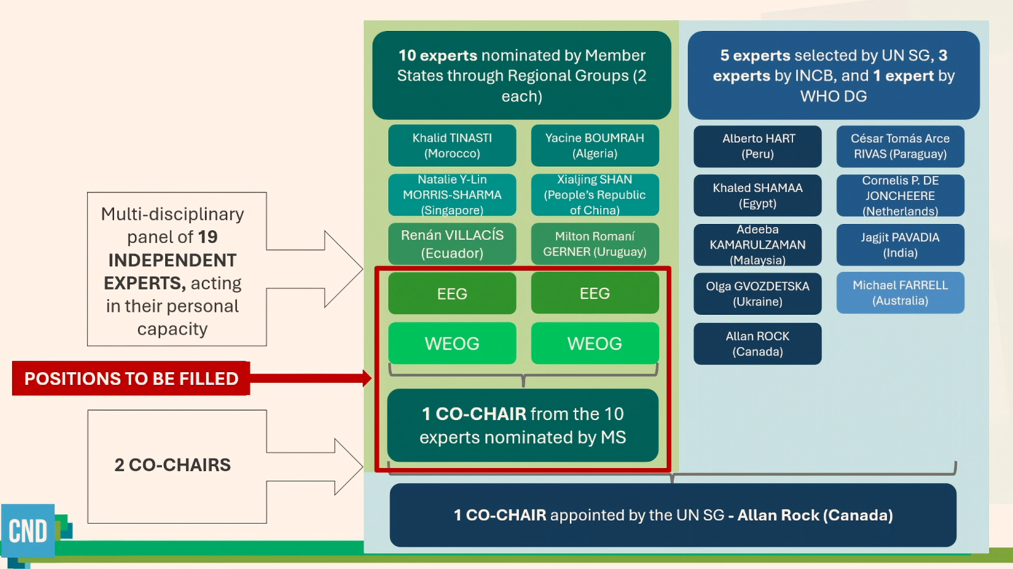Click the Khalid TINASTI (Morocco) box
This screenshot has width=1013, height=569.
pos(452,146)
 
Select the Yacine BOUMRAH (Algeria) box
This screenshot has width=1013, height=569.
pos(594,146)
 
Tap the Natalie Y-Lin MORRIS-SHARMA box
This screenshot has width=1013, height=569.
pos(452,195)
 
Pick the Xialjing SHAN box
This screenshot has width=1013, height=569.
pos(594,195)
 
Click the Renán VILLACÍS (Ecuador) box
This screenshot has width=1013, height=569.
pos(452,244)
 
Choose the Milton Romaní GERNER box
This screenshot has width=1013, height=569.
pos(594,244)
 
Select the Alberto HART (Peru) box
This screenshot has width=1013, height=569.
pos(758,146)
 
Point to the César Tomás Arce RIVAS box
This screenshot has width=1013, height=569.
pos(900,146)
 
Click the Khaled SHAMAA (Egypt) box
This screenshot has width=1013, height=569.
pos(758,196)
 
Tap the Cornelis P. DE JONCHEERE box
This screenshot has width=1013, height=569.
pos(900,196)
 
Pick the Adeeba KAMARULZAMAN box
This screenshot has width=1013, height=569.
pos(758,245)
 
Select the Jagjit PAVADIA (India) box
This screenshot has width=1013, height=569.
pos(900,245)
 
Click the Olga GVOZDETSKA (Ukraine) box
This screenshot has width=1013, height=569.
pos(758,294)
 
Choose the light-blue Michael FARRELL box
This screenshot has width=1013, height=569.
pos(900,293)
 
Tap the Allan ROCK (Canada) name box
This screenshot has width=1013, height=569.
pos(758,344)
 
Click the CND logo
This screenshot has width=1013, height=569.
pos(28,531)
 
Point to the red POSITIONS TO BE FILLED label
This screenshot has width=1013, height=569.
pos(131,378)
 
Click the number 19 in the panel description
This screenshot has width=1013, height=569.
pos(207,237)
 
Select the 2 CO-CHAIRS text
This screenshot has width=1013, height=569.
pos(173,466)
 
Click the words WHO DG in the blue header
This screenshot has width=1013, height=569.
pos(833,97)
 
